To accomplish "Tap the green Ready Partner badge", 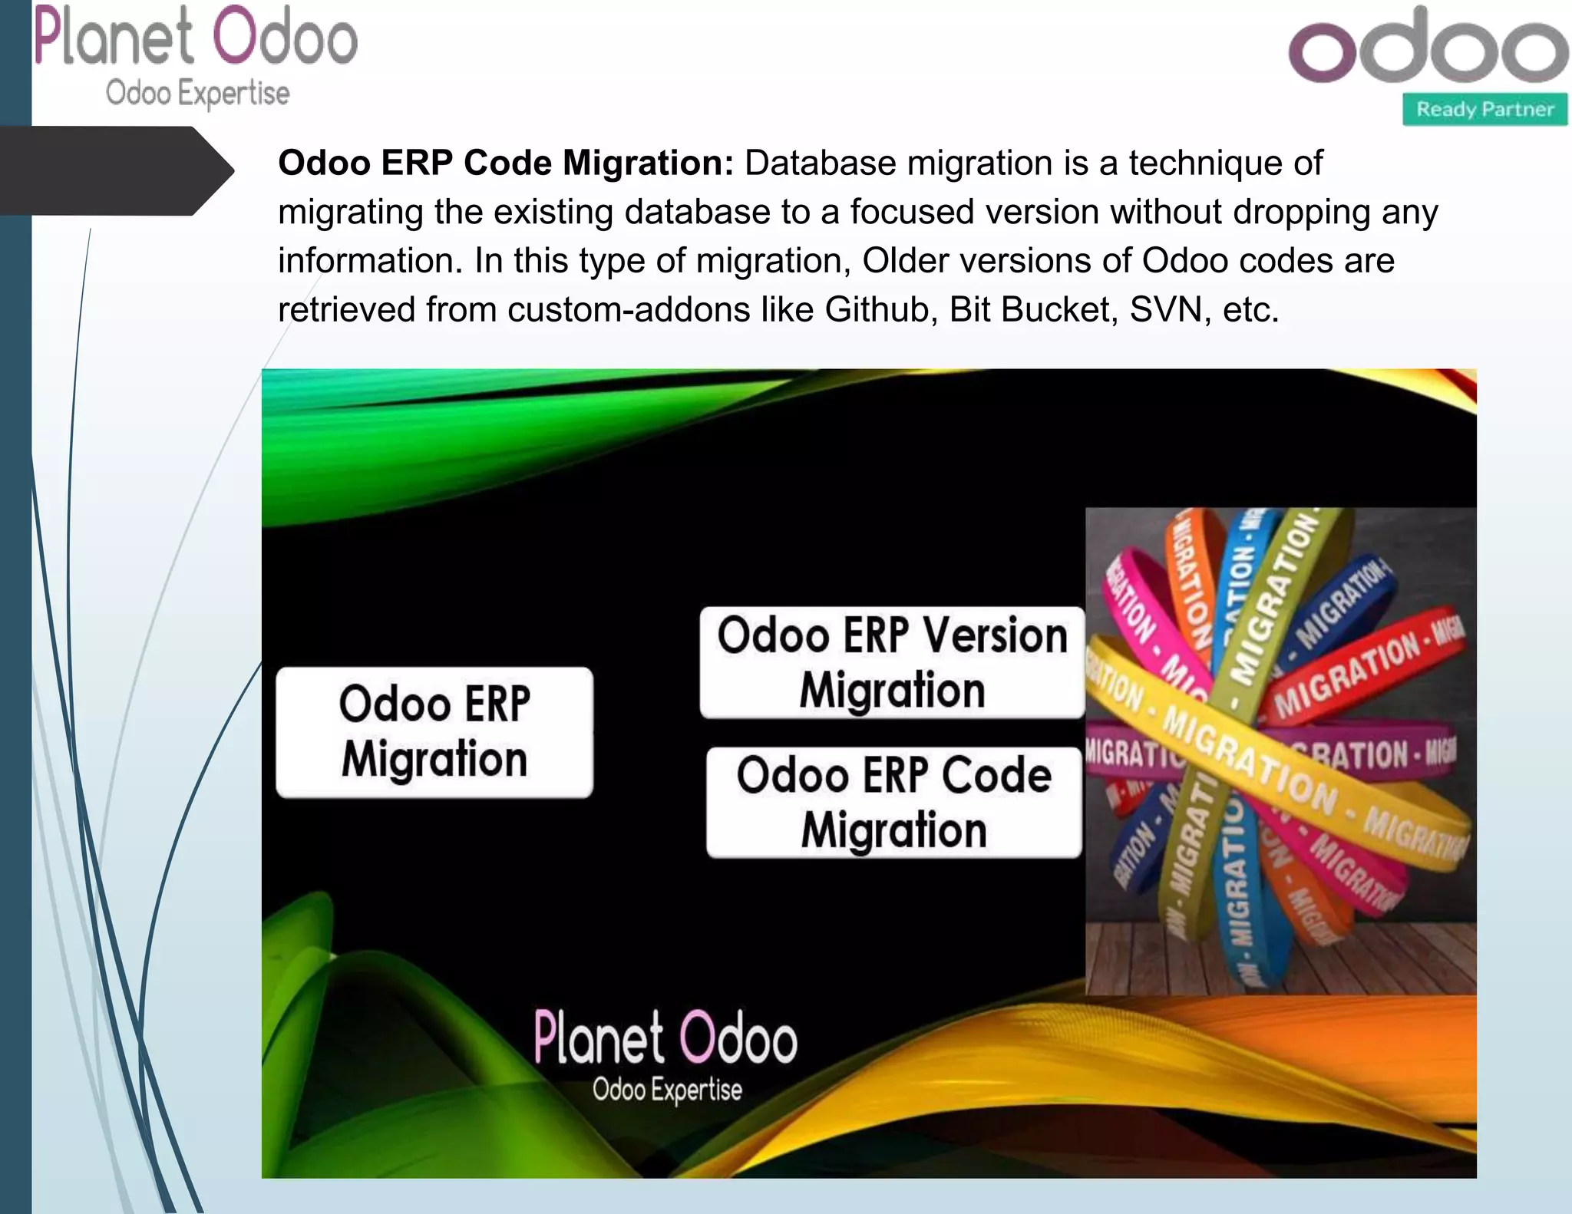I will click(x=1484, y=110).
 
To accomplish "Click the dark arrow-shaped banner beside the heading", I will click(x=115, y=170).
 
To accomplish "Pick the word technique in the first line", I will click(x=1225, y=163).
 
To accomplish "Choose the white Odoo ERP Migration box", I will click(x=434, y=732).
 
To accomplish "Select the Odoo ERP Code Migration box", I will click(x=894, y=803).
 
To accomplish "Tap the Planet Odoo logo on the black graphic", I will click(x=665, y=1038).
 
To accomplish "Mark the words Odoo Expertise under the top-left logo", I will click(x=197, y=94).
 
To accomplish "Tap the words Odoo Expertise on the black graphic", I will click(x=667, y=1090).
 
